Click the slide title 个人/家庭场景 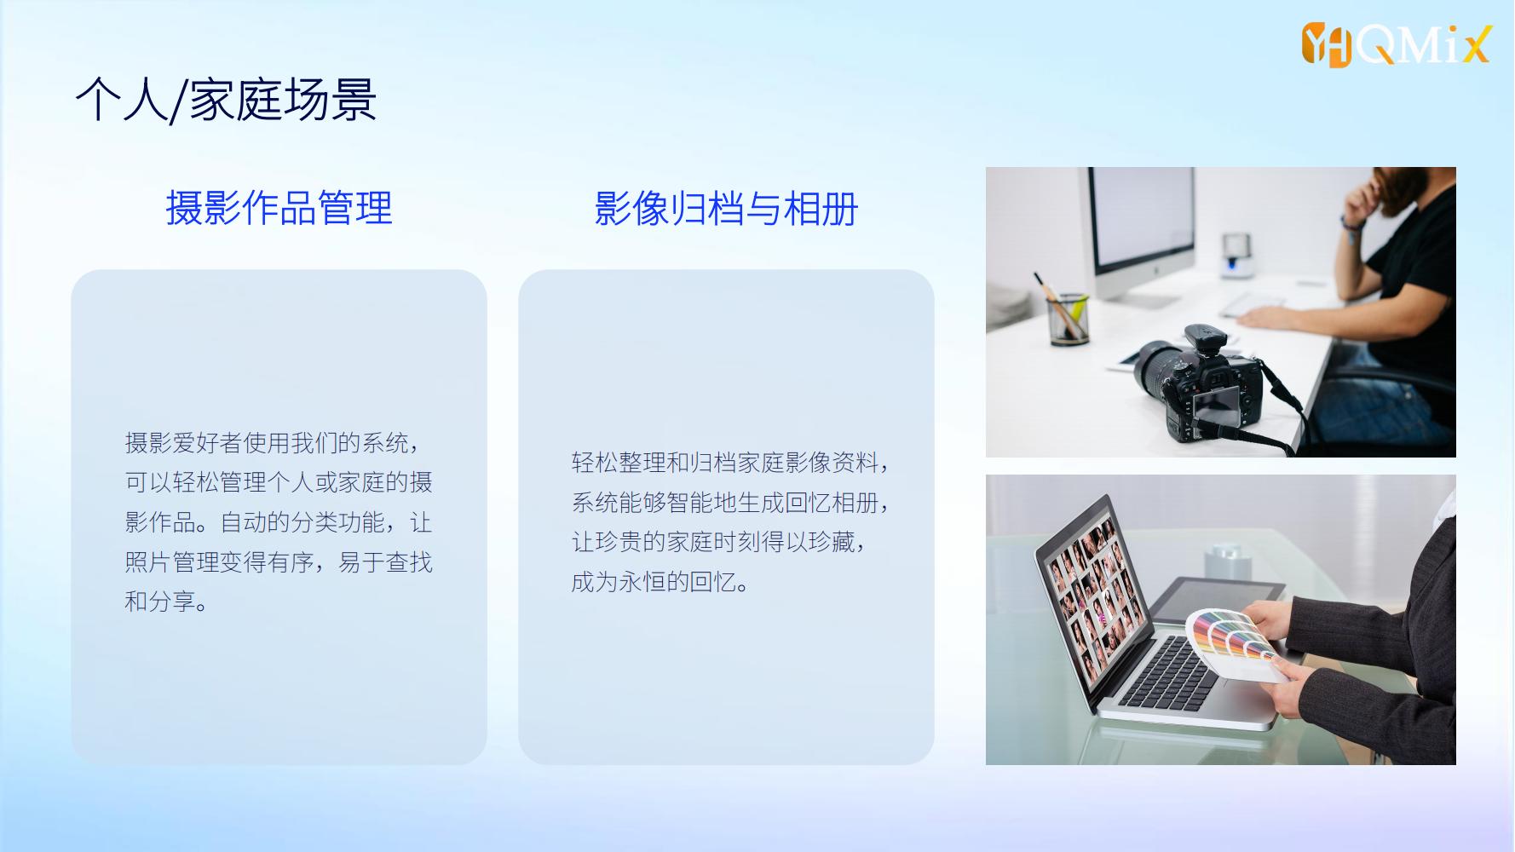pyautogui.click(x=226, y=101)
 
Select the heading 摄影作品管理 pyautogui.click(x=279, y=208)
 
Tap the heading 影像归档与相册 pyautogui.click(x=726, y=208)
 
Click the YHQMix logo pyautogui.click(x=1397, y=44)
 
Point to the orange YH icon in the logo pyautogui.click(x=1326, y=45)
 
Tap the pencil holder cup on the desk pyautogui.click(x=1069, y=318)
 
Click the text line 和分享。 pyautogui.click(x=167, y=602)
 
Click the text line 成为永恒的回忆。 pyautogui.click(x=660, y=582)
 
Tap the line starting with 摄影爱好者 pyautogui.click(x=273, y=442)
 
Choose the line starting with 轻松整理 pyautogui.click(x=731, y=463)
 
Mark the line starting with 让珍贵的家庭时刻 pyautogui.click(x=720, y=542)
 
